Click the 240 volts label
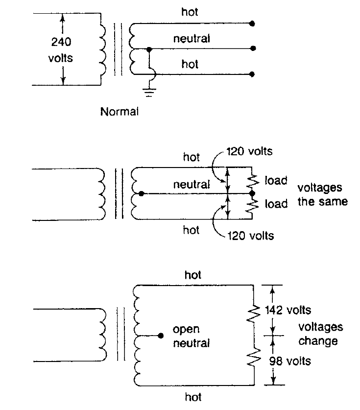coord(61,49)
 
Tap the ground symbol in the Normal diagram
coord(149,93)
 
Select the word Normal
coord(119,112)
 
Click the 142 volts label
coord(288,310)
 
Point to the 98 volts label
coord(290,361)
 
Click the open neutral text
coord(192,336)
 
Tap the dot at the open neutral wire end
coord(161,336)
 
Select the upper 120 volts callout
coord(249,151)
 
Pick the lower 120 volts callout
coord(251,236)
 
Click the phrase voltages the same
coord(323,195)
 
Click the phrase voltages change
coord(320,334)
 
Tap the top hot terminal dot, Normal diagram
coord(252,24)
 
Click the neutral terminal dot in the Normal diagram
coord(253,48)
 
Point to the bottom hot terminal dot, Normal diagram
coord(252,74)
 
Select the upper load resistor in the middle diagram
coord(253,180)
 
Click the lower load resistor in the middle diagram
coord(253,206)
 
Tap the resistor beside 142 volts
coord(254,313)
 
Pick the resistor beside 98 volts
coord(254,357)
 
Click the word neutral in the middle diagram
coord(192,185)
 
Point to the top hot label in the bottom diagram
coord(193,275)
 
